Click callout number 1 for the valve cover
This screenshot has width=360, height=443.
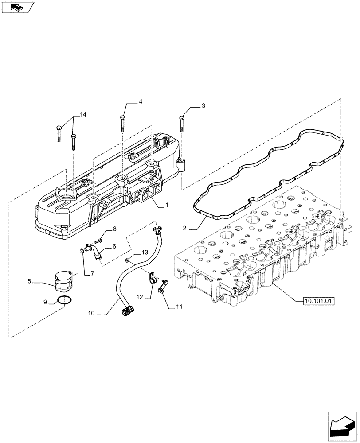click(x=167, y=205)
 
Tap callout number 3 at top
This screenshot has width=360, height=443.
click(x=203, y=106)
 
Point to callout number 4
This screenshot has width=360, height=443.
click(x=140, y=102)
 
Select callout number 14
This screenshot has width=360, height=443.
click(x=83, y=114)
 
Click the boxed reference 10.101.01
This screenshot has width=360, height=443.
click(x=319, y=301)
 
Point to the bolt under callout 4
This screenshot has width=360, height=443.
click(x=122, y=123)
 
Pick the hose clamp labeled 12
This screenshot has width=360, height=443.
click(x=152, y=278)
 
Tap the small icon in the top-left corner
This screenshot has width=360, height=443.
click(x=17, y=7)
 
